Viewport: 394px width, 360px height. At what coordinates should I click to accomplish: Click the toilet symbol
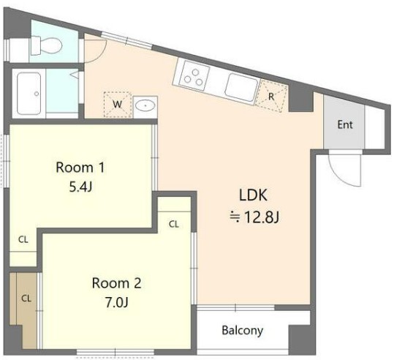pyautogui.click(x=46, y=45)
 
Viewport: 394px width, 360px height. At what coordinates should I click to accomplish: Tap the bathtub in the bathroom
pyautogui.click(x=29, y=94)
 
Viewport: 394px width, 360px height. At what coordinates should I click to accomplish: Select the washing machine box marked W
pyautogui.click(x=118, y=105)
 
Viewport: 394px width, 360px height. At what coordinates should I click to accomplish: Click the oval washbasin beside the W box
pyautogui.click(x=145, y=105)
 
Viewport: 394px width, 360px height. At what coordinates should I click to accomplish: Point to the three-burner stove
pyautogui.click(x=194, y=76)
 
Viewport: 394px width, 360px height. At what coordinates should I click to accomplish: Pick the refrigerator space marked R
pyautogui.click(x=271, y=96)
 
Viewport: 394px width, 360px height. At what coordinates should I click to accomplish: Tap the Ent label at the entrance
pyautogui.click(x=345, y=125)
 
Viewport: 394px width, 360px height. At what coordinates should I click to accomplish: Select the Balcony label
pyautogui.click(x=243, y=330)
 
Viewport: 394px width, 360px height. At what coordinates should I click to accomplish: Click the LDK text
pyautogui.click(x=253, y=195)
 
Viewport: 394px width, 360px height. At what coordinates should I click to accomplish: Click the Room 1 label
pyautogui.click(x=80, y=168)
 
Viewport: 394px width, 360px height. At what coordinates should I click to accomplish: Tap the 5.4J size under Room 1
pyautogui.click(x=80, y=187)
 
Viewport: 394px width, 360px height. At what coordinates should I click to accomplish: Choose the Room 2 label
pyautogui.click(x=117, y=283)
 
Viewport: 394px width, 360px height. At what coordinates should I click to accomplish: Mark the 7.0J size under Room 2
pyautogui.click(x=117, y=302)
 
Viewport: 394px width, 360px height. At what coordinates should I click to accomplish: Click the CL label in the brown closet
pyautogui.click(x=26, y=299)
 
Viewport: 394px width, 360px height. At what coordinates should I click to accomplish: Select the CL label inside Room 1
pyautogui.click(x=23, y=240)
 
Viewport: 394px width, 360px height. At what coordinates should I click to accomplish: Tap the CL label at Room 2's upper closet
pyautogui.click(x=174, y=224)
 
